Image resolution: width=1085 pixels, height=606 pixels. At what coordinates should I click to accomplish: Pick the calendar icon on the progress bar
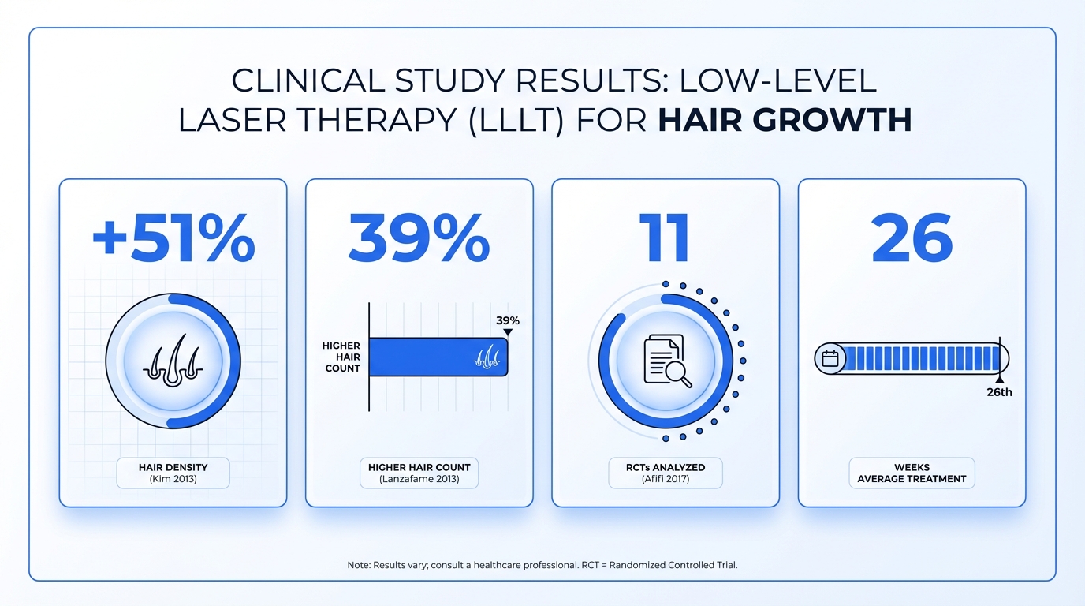tap(830, 359)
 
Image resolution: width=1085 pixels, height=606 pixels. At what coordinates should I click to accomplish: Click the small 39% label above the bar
tap(508, 321)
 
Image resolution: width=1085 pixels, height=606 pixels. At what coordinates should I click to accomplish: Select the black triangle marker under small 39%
tap(508, 332)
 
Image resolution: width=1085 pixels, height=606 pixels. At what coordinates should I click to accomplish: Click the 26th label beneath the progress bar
tap(999, 392)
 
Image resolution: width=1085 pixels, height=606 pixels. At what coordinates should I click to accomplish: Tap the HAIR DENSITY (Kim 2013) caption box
tap(173, 473)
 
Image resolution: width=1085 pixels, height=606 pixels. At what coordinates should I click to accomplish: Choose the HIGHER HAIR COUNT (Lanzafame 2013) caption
tap(419, 473)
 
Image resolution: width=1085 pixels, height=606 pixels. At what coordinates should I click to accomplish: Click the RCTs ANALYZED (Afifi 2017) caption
tap(666, 473)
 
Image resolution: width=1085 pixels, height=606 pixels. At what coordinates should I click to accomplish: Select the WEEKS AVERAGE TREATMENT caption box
tap(912, 473)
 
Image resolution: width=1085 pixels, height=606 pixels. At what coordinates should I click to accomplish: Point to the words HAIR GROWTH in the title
tap(785, 120)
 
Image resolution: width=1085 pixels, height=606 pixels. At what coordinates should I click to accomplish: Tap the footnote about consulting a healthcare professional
tap(542, 565)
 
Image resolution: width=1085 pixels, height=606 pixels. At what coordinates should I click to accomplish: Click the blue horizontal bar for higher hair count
tap(426, 357)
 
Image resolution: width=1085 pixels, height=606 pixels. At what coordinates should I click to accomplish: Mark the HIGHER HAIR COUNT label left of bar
tap(341, 357)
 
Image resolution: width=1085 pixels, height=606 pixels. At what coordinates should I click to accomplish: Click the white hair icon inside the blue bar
tap(487, 357)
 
